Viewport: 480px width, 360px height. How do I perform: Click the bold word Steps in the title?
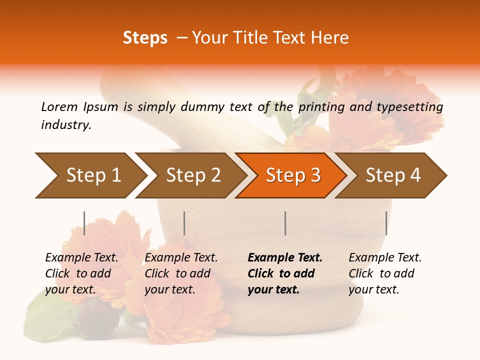(x=145, y=38)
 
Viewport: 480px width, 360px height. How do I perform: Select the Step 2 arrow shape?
(x=193, y=175)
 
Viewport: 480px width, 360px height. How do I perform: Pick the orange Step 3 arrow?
(x=293, y=175)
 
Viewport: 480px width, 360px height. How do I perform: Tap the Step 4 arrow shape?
(x=393, y=175)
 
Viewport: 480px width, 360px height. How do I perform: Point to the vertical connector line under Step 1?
(x=84, y=223)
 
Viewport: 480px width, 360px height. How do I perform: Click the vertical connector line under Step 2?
(x=184, y=223)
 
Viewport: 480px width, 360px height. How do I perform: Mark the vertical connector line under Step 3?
(x=285, y=223)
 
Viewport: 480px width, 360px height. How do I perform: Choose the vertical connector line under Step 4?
(x=386, y=223)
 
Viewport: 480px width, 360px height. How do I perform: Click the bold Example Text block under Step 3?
(x=285, y=273)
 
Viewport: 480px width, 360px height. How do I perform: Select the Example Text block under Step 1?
(x=81, y=273)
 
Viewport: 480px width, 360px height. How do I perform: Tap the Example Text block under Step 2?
(x=181, y=273)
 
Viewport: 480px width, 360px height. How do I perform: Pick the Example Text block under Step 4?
(x=385, y=273)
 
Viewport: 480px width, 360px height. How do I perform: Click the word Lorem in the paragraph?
(x=59, y=106)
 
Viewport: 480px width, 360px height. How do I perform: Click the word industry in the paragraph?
(x=66, y=125)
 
